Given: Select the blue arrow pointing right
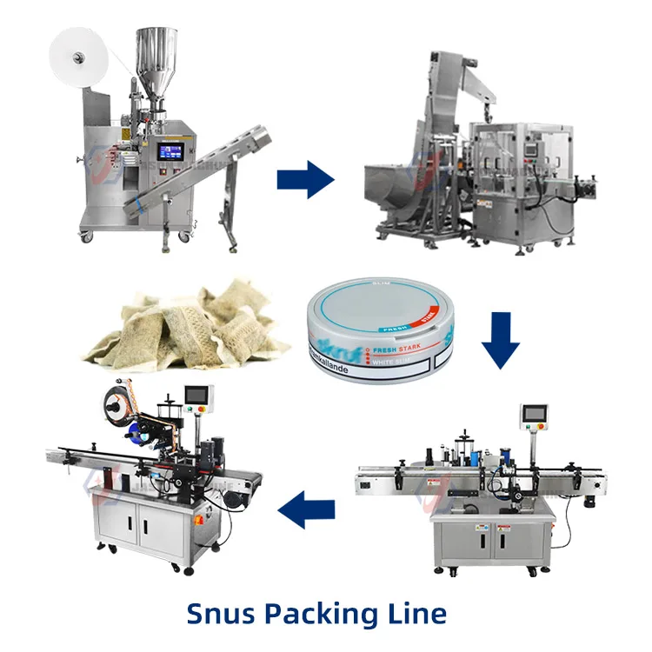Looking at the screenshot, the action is click(x=305, y=180).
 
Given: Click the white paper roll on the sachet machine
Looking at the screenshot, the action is click(x=77, y=56).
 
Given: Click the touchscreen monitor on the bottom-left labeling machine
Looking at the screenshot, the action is click(x=201, y=396).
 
